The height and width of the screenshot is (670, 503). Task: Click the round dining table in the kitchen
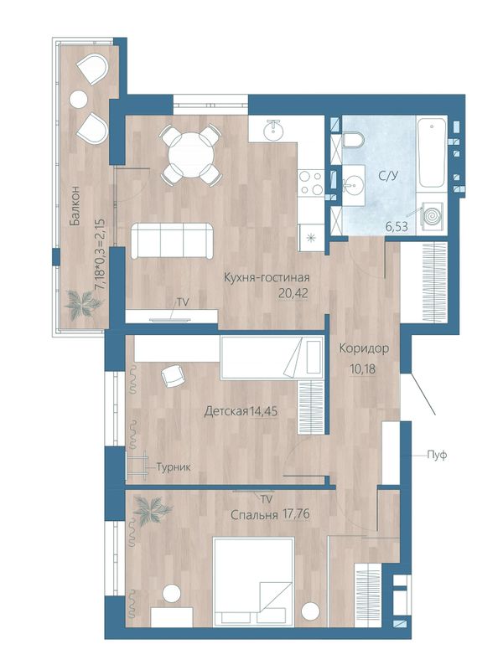pyautogui.click(x=191, y=156)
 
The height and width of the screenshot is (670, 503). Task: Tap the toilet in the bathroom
pyautogui.click(x=353, y=140)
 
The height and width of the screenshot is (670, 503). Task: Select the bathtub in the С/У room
pyautogui.click(x=432, y=152)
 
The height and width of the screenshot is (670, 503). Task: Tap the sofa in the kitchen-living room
pyautogui.click(x=172, y=240)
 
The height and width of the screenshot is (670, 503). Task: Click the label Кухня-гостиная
pyautogui.click(x=267, y=278)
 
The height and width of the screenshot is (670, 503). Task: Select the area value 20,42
pyautogui.click(x=293, y=294)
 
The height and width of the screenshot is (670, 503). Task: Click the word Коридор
pyautogui.click(x=364, y=348)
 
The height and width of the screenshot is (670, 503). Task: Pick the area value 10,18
pyautogui.click(x=362, y=368)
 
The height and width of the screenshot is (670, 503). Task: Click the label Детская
pyautogui.click(x=226, y=411)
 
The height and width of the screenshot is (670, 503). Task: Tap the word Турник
pyautogui.click(x=174, y=467)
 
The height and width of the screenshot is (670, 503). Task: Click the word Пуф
pyautogui.click(x=437, y=455)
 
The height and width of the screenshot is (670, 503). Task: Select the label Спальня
pyautogui.click(x=254, y=515)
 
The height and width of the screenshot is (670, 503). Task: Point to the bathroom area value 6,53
pyautogui.click(x=396, y=226)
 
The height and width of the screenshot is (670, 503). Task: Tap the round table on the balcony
pyautogui.click(x=79, y=100)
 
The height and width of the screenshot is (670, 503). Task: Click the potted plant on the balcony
pyautogui.click(x=84, y=302)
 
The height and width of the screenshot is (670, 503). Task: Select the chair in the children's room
pyautogui.click(x=173, y=376)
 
